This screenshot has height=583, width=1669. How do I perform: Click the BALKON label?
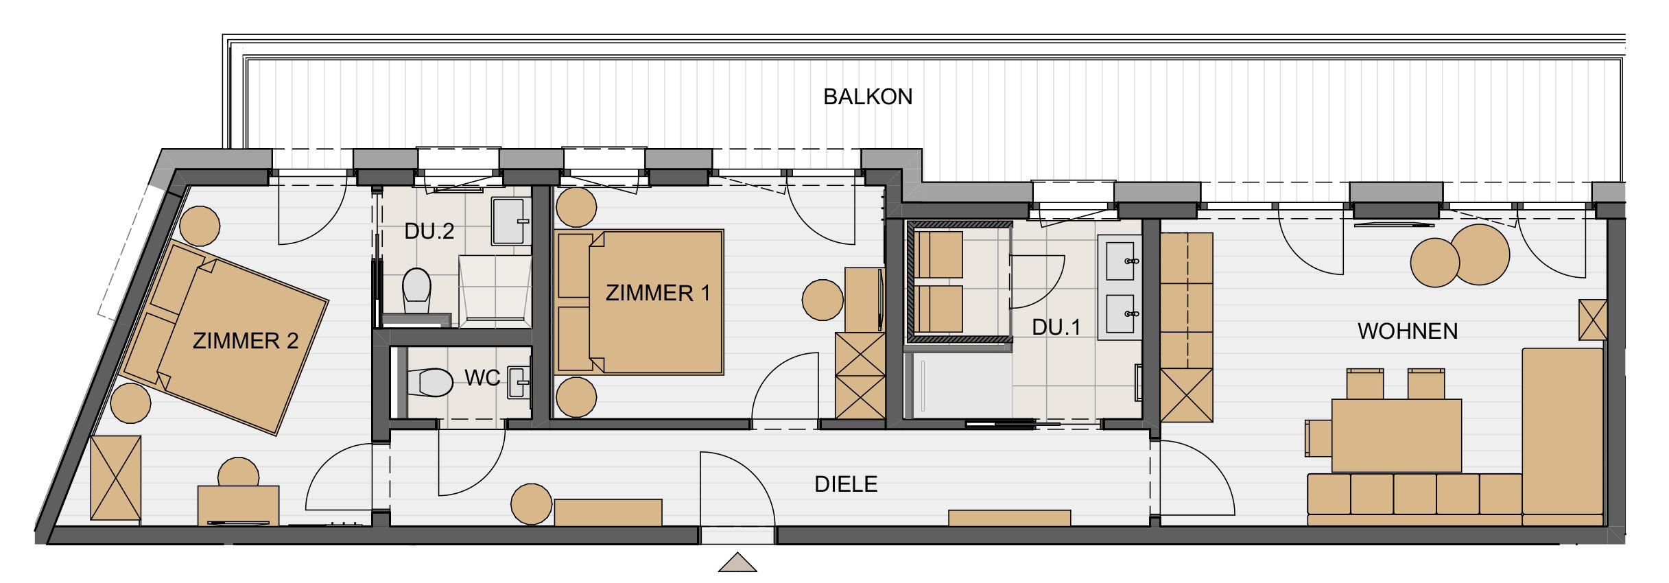868,97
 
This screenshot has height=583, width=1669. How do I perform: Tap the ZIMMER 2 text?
246,341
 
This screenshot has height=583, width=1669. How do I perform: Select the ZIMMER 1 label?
658,293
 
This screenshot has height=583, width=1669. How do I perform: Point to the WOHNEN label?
1408,332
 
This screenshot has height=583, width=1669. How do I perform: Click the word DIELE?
846,484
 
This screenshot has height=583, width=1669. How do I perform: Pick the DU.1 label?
1056,327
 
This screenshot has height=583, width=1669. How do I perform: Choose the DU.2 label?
429,231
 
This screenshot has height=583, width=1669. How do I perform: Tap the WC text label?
483,378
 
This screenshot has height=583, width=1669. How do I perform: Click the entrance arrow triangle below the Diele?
737,562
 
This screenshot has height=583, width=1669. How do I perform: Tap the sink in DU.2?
512,222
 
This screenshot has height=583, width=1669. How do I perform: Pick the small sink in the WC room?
520,382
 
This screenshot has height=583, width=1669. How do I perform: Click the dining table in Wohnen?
1396,436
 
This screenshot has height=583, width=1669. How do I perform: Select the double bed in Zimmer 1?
641,302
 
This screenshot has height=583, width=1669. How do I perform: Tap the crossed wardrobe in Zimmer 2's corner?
116,480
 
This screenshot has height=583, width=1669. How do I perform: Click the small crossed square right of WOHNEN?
1593,320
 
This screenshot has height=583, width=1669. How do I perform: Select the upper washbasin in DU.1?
1120,257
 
